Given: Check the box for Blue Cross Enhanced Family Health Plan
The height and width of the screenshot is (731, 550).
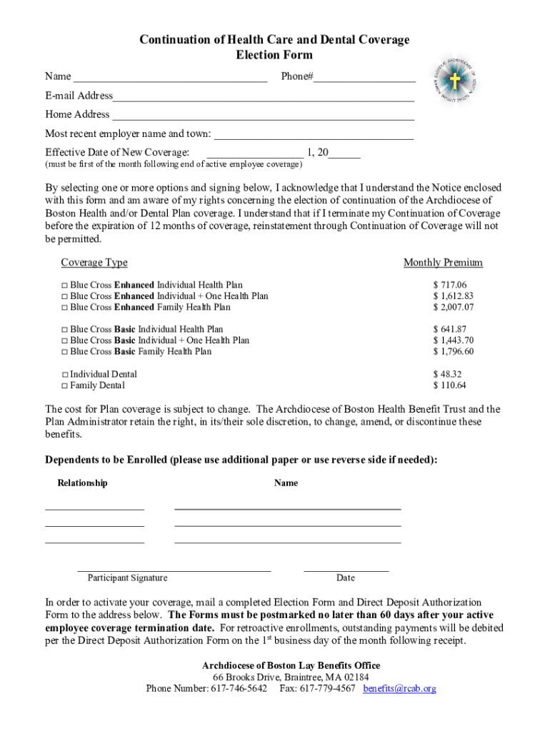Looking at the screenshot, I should pos(64,308).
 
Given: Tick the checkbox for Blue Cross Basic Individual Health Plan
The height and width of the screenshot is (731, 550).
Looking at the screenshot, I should pos(64,330).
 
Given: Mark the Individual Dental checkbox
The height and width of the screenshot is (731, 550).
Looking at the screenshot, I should pos(65,375).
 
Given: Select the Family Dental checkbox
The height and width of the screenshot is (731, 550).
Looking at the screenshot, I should pos(65,386).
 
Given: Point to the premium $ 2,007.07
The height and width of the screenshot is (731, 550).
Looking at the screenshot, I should pos(453,308).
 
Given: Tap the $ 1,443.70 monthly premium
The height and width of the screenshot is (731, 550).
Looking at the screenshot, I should pos(453,341).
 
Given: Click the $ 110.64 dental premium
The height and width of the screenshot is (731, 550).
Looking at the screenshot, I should pos(449,385).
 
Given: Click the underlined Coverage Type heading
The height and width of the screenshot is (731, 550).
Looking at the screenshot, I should pos(94,263).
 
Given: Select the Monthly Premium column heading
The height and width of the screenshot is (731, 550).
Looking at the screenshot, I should pos(443,263).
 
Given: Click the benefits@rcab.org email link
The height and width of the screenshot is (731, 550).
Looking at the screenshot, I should pos(399,689).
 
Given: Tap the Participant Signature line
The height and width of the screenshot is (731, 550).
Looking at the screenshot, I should pos(174,570).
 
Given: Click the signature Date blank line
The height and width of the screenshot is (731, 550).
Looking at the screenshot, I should pos(346,570).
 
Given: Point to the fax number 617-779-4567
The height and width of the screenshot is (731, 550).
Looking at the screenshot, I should pos(326,689).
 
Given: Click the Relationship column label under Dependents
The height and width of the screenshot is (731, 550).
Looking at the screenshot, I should pos(82,483).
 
